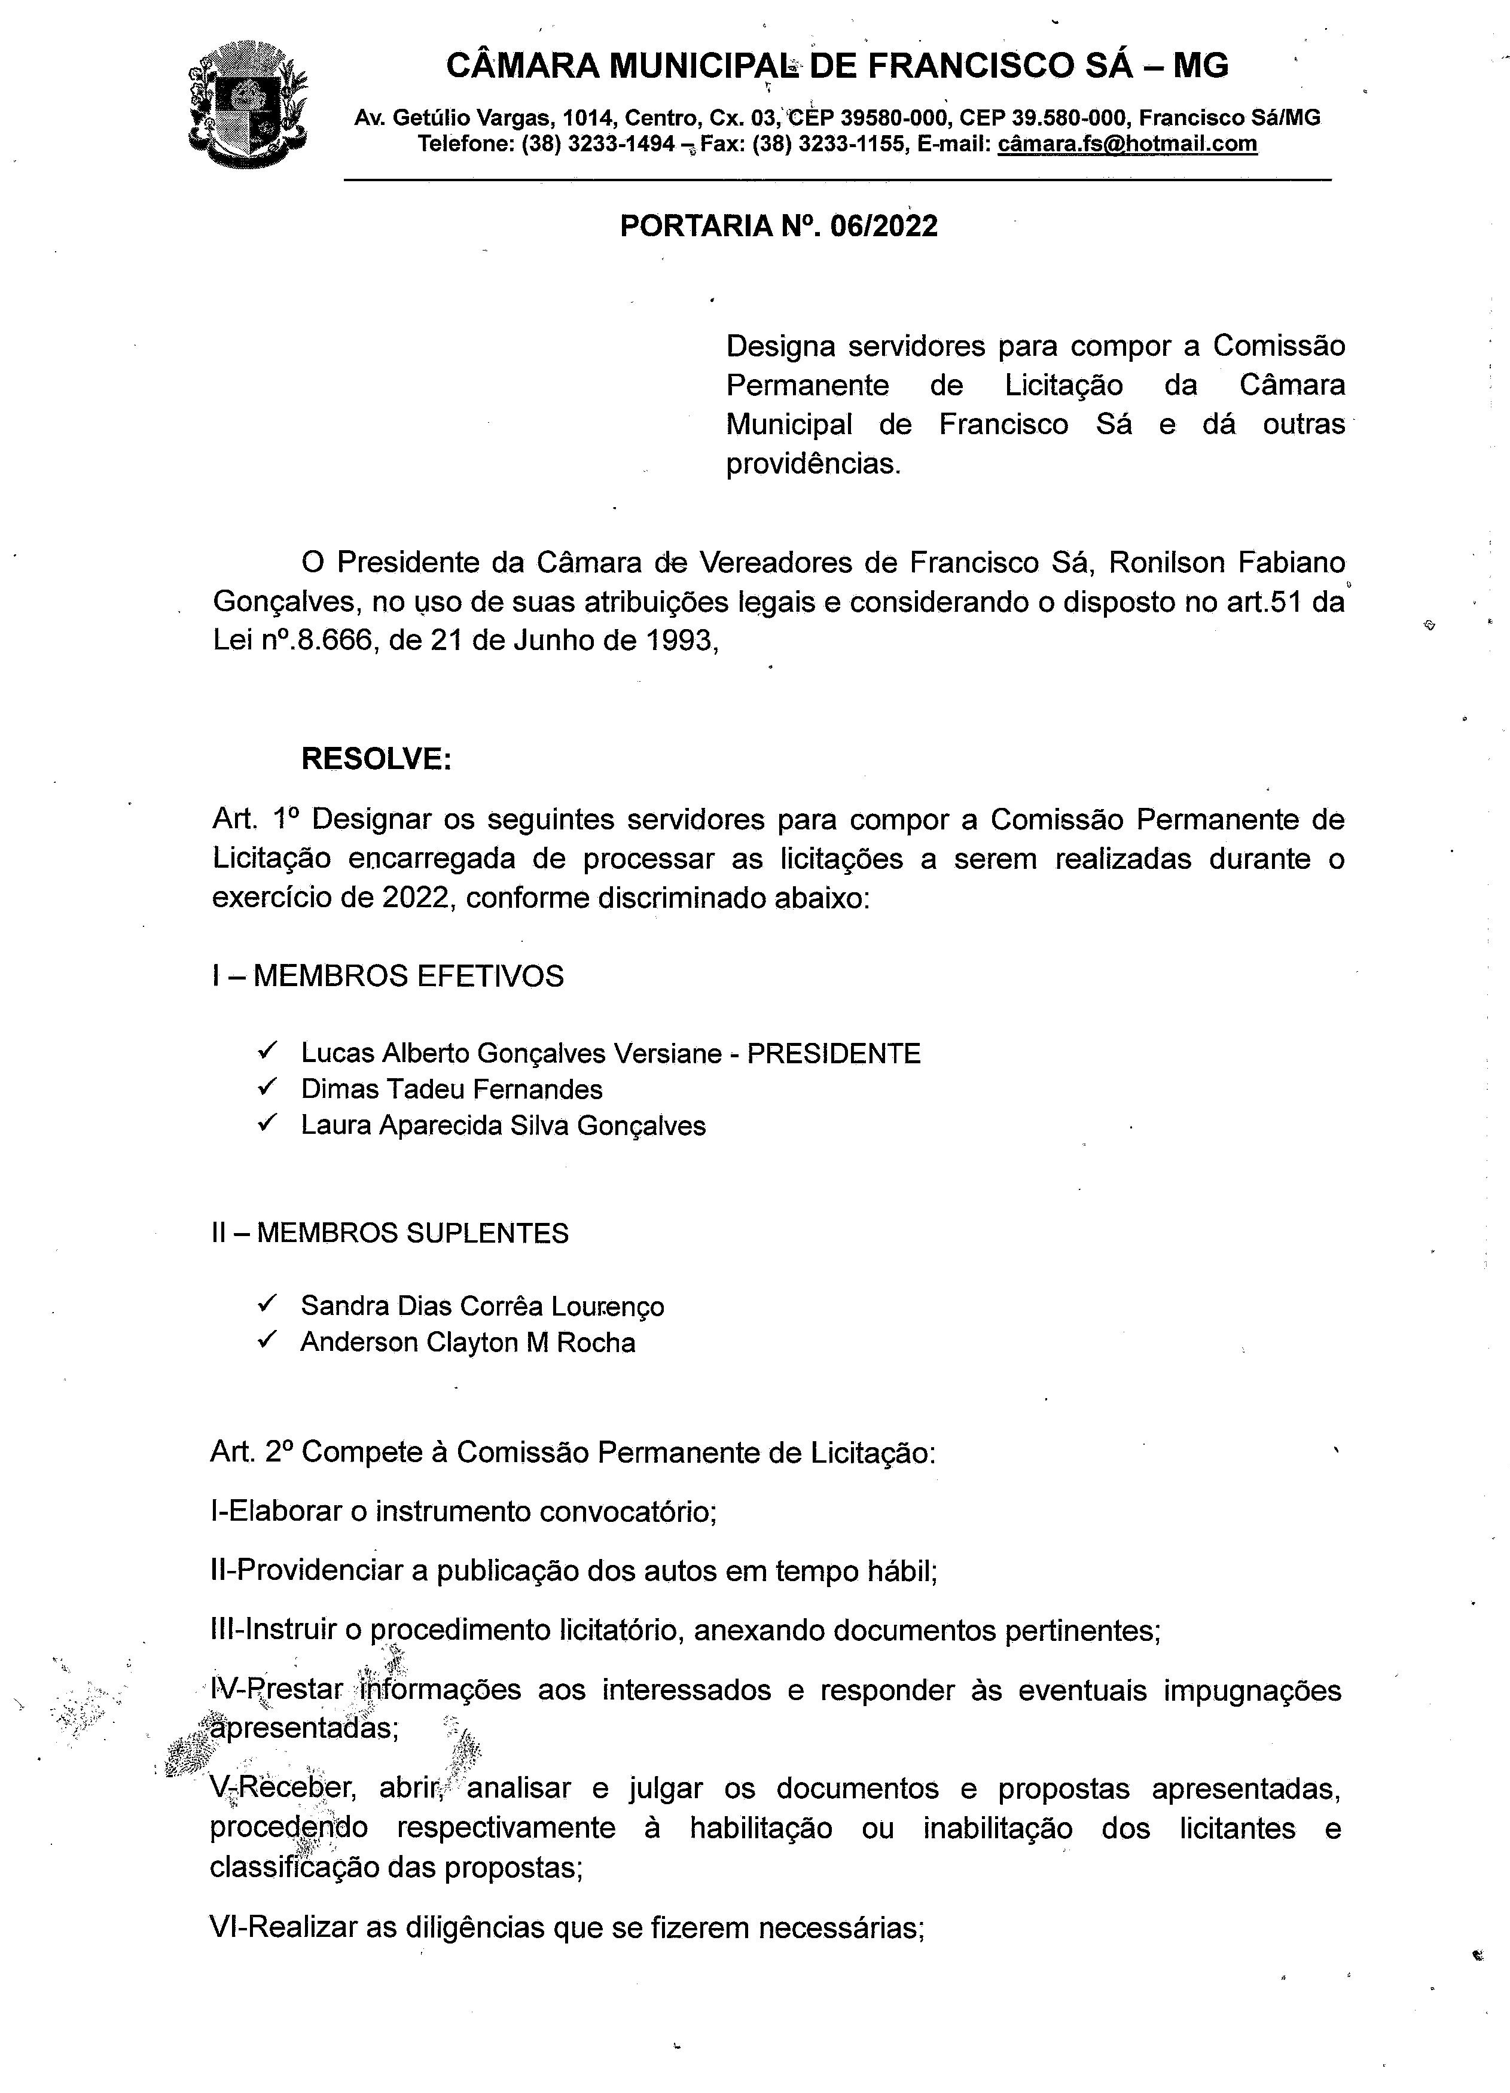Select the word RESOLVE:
coord(376,759)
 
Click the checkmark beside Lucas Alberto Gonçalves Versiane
coord(269,1051)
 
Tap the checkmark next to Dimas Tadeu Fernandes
coord(269,1087)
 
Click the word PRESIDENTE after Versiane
coord(834,1053)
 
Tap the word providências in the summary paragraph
coord(812,463)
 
